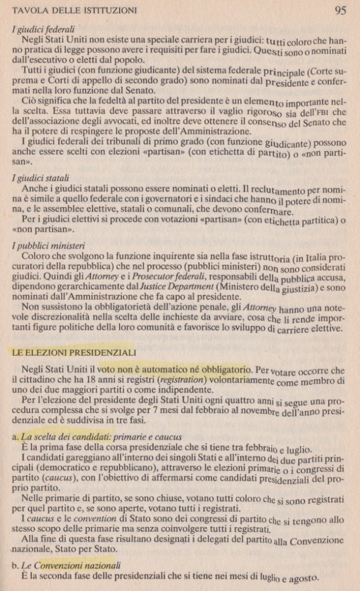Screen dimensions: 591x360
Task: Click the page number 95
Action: pyautogui.click(x=339, y=9)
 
